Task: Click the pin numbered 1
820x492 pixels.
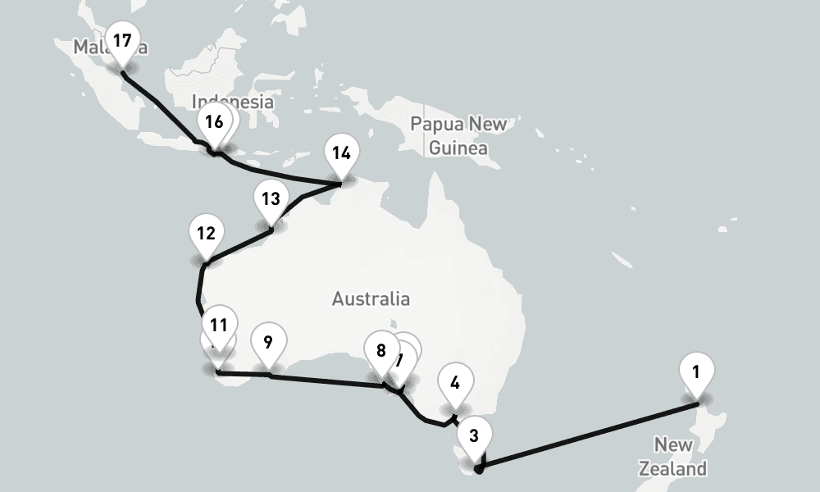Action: (696, 371)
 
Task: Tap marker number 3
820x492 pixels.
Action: (474, 435)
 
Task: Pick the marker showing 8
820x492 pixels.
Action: (380, 351)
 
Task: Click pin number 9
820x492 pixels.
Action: (268, 341)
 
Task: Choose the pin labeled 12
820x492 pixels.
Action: (206, 233)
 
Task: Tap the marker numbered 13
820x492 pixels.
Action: (271, 198)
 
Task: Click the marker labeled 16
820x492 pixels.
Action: (214, 122)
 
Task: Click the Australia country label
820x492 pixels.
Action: (371, 298)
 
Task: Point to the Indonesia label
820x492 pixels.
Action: (232, 102)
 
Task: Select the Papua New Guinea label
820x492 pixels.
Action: (458, 136)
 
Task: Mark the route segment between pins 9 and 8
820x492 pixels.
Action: (328, 380)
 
